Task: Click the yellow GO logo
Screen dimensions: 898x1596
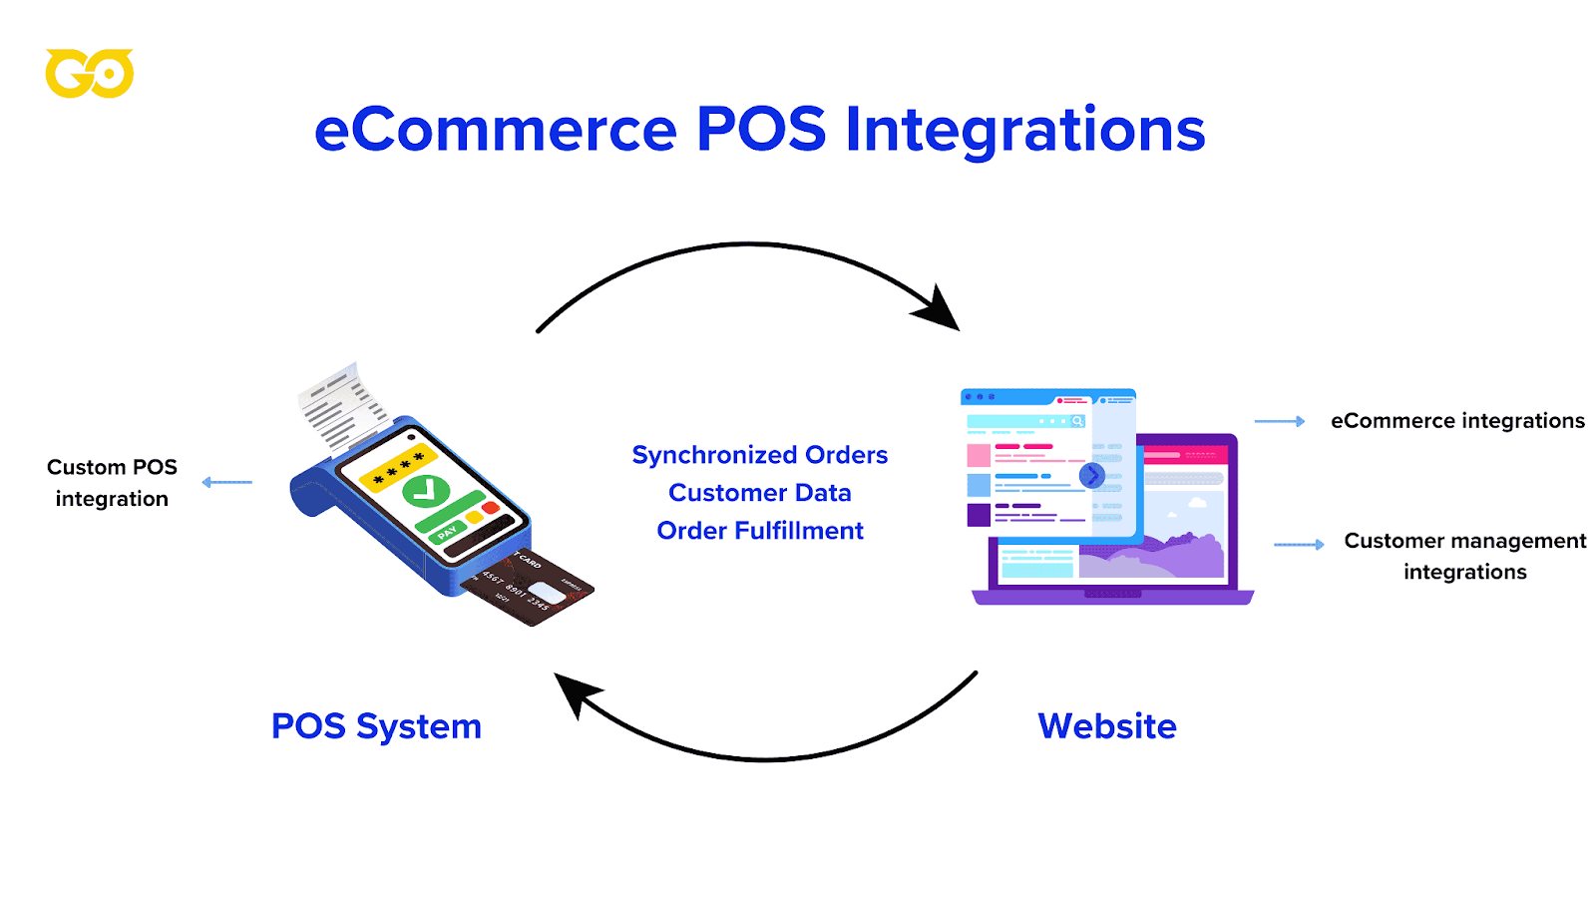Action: coord(89,74)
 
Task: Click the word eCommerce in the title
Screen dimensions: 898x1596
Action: coord(496,130)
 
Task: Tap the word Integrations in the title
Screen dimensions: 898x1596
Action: coord(1024,130)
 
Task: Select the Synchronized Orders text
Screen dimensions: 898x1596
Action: coord(759,455)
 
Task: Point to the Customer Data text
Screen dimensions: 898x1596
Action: coord(759,493)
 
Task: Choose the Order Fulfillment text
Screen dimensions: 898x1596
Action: coord(759,531)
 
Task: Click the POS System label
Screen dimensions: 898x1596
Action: coord(376,726)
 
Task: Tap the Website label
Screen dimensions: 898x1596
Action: coord(1106,726)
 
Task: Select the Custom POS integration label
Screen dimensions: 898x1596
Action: coord(112,483)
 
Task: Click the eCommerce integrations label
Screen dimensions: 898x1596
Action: coord(1457,421)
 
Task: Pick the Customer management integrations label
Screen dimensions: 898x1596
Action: coord(1464,556)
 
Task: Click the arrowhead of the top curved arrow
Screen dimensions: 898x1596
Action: coord(939,309)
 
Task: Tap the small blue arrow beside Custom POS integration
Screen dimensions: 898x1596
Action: coord(226,483)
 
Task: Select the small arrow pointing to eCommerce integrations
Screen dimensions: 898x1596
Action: coord(1280,421)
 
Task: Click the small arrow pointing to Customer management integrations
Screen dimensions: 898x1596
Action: coord(1299,545)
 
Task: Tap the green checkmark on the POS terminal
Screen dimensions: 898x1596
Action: coord(426,491)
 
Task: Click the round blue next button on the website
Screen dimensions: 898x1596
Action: coord(1092,475)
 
